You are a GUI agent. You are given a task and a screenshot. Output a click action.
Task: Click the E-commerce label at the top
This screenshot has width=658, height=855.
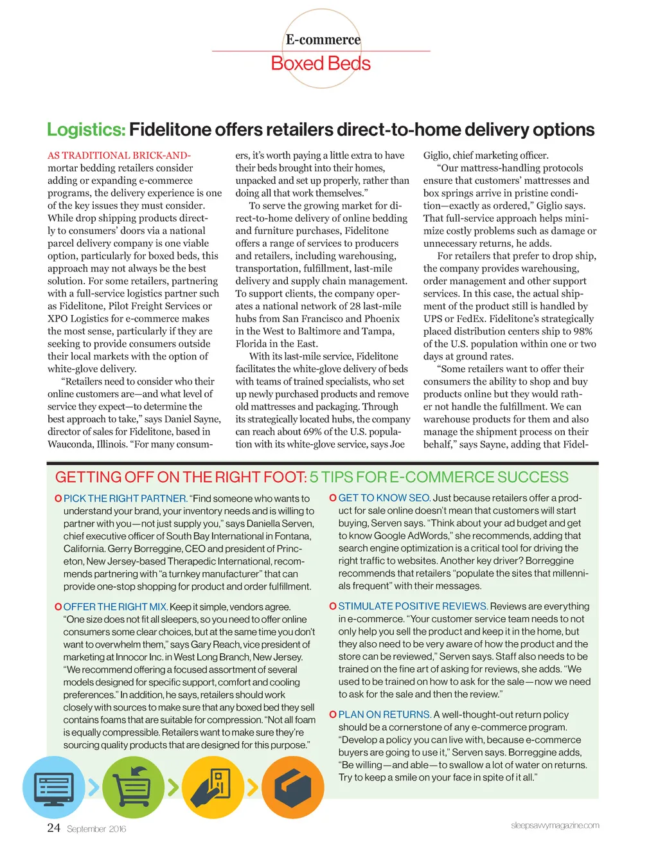[323, 40]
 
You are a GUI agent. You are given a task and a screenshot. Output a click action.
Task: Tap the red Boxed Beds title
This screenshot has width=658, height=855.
[321, 64]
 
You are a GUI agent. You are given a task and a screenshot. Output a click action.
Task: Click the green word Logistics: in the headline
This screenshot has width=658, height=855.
[86, 130]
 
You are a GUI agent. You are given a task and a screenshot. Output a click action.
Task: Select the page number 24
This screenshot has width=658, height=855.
[53, 827]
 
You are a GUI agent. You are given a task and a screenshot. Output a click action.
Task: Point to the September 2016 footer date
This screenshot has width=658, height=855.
[96, 829]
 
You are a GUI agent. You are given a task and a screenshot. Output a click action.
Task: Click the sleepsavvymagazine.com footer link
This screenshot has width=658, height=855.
[555, 825]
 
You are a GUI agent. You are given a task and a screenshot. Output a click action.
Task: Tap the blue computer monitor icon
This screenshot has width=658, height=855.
[53, 787]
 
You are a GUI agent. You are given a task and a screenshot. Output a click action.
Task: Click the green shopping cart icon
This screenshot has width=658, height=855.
[133, 787]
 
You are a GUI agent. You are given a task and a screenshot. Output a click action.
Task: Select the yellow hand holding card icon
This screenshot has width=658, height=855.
[213, 787]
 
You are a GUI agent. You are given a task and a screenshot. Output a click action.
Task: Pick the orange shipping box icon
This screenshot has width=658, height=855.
[292, 787]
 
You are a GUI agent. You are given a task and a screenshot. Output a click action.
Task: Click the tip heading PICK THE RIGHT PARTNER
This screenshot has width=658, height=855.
[125, 498]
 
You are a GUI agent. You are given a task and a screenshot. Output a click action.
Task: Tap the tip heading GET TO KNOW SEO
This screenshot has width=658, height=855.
[384, 498]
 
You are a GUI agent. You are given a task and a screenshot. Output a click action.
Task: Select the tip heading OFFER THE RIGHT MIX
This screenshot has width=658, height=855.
[116, 607]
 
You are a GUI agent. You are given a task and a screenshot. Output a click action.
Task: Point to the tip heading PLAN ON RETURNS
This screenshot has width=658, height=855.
[385, 715]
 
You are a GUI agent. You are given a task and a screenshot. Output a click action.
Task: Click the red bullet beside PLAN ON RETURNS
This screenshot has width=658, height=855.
[333, 715]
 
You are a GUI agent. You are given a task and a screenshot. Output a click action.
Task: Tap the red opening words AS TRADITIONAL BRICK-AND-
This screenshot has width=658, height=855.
[119, 156]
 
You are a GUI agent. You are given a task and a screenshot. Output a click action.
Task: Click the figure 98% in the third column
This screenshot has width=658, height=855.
[583, 332]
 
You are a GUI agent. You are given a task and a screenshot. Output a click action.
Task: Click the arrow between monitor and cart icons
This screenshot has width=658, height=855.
[94, 787]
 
